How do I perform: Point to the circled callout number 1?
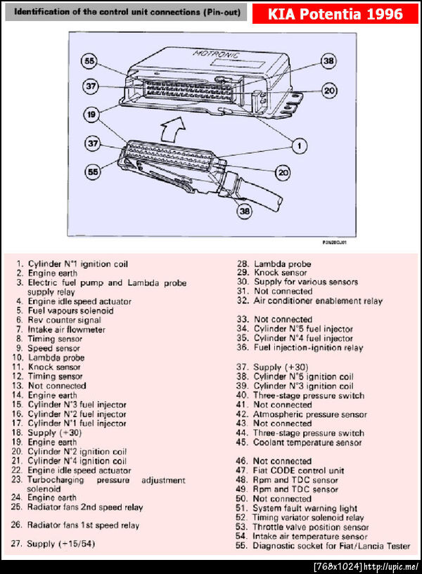click(299, 145)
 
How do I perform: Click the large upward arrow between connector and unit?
click(174, 126)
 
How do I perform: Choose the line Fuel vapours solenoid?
click(70, 311)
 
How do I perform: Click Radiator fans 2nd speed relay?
click(85, 507)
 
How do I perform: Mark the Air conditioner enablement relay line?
click(318, 301)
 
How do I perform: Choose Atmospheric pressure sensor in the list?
click(309, 415)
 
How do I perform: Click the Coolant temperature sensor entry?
click(307, 443)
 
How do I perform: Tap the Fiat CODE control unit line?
click(298, 470)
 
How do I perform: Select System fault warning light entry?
click(305, 508)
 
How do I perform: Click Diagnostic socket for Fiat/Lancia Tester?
click(331, 546)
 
